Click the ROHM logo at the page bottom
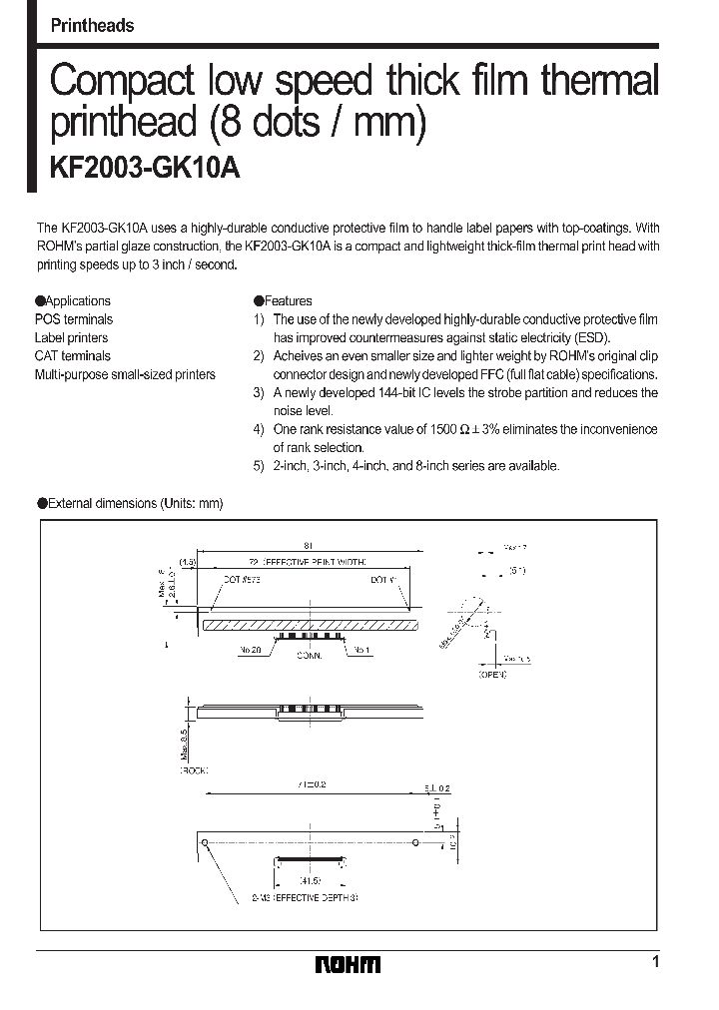tap(348, 964)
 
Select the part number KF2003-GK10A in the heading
tap(145, 168)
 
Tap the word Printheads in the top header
tap(92, 26)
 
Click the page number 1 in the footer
tap(655, 962)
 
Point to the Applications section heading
tap(78, 300)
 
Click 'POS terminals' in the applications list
tap(74, 319)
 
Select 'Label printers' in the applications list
tap(72, 337)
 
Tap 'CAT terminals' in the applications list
tap(73, 355)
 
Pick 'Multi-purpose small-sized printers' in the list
tap(125, 374)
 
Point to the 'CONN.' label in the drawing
tap(310, 656)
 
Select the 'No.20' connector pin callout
tap(250, 649)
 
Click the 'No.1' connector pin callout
tap(361, 649)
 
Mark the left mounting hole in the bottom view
tap(205, 843)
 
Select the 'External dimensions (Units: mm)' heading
tap(135, 503)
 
